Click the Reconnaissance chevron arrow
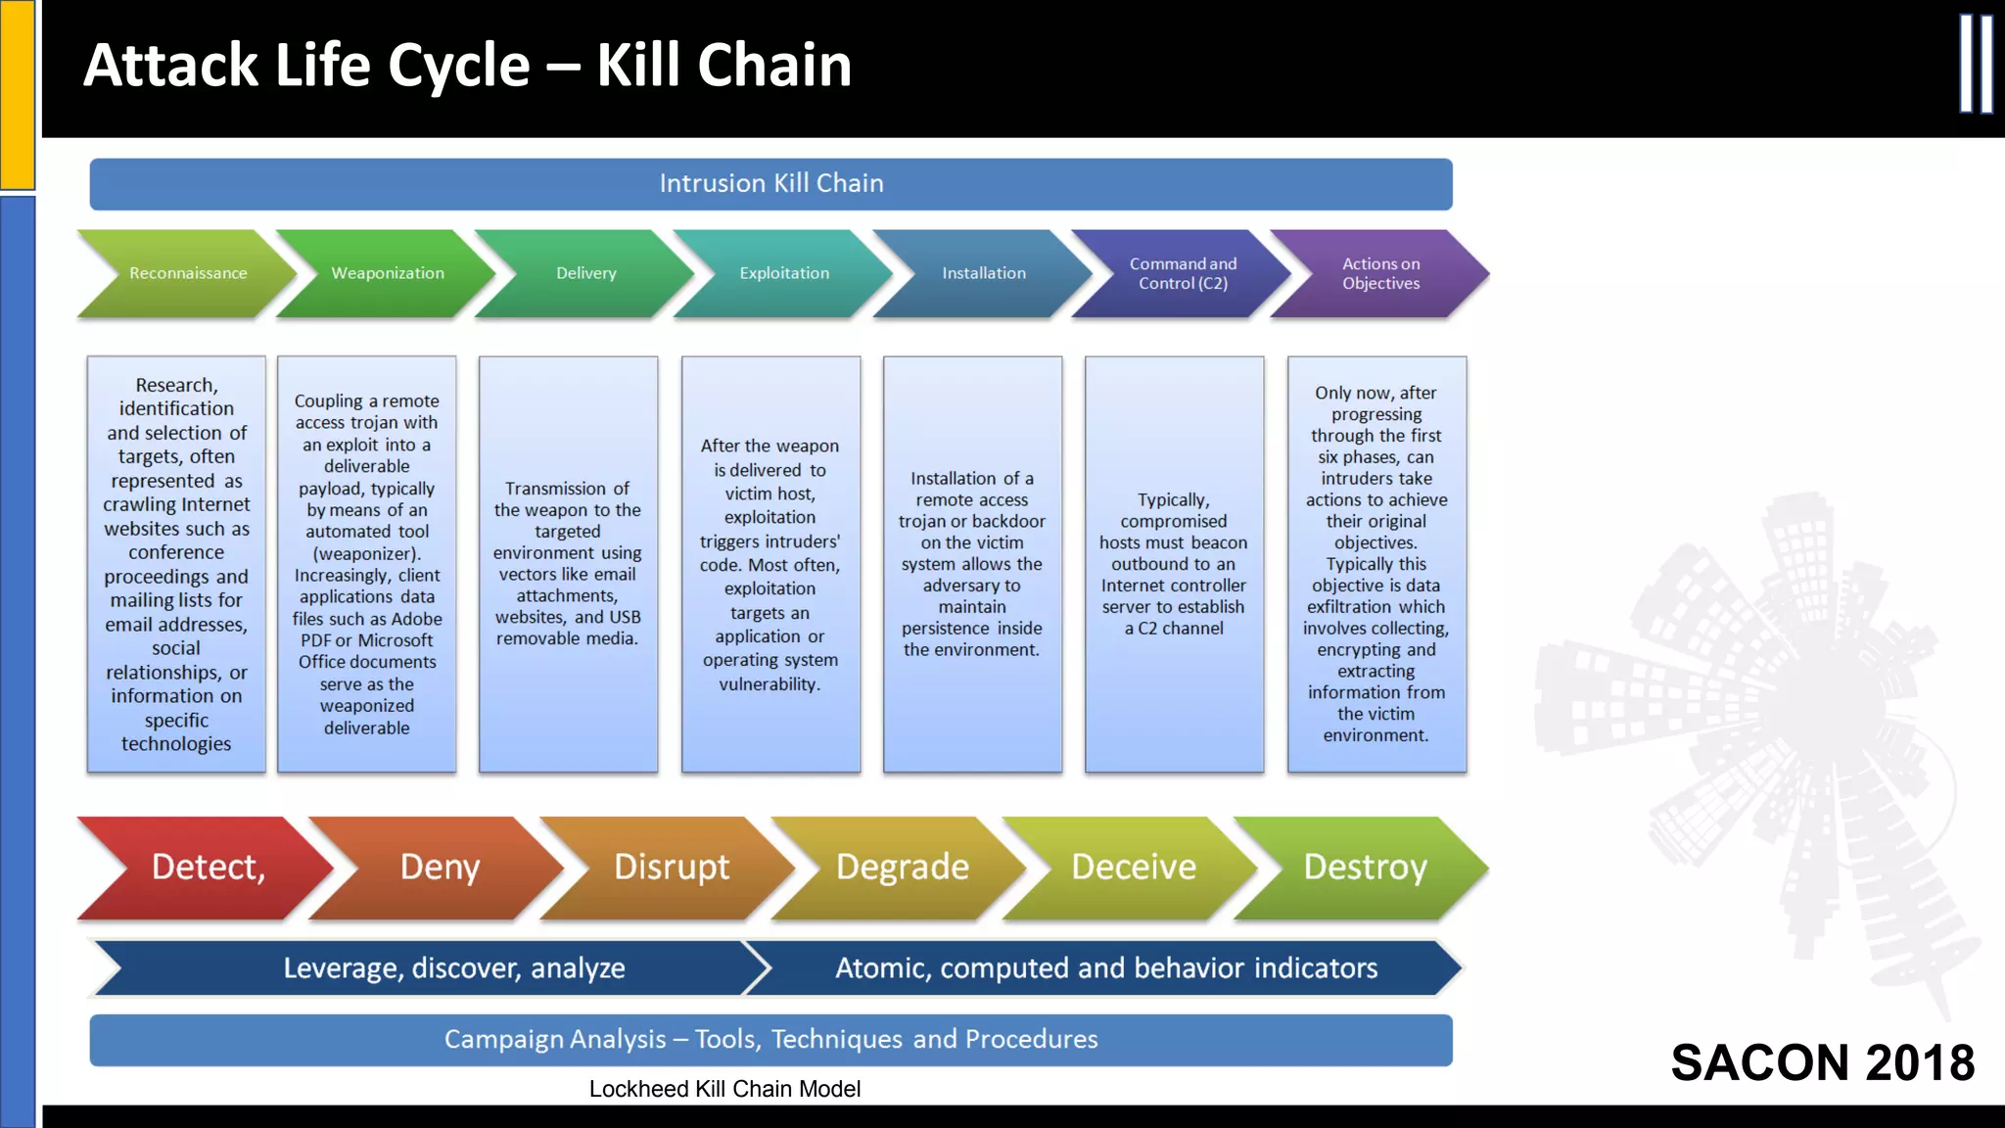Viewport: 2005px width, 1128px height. tap(188, 273)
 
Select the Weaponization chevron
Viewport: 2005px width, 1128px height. tap(388, 273)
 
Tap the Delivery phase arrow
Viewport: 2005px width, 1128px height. tap(586, 273)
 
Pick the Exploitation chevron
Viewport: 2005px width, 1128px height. tap(784, 273)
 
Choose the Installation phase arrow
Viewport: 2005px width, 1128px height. tap(984, 273)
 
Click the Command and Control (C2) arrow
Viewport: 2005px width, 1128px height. tap(1183, 273)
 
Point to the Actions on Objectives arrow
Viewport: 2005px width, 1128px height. tap(1380, 273)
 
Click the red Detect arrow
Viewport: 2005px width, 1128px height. tap(208, 868)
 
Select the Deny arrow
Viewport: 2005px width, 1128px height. tap(440, 868)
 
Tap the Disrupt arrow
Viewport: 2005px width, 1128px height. tap(672, 868)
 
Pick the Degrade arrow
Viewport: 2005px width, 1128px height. tap(903, 868)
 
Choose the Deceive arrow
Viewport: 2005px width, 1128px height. tap(1134, 868)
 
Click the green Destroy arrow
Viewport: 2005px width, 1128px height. tap(1365, 868)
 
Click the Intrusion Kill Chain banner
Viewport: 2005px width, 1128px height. tap(770, 184)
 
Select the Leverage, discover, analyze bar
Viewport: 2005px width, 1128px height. tap(453, 968)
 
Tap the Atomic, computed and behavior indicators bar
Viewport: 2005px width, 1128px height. tap(1106, 968)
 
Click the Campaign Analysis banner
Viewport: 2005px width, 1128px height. tap(770, 1040)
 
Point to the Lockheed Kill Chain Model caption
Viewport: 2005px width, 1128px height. tap(724, 1089)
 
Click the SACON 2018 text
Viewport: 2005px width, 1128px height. tap(1822, 1062)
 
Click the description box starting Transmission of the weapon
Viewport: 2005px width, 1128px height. tap(568, 564)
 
